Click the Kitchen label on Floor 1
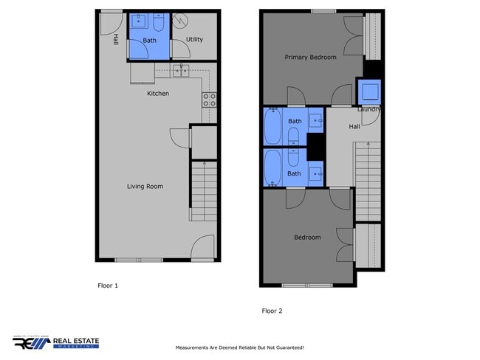tap(158, 94)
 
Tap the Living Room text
tap(144, 187)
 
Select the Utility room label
tap(194, 40)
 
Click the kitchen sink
tap(182, 70)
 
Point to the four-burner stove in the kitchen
tap(210, 100)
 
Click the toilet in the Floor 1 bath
tap(159, 21)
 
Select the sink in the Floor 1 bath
tap(138, 21)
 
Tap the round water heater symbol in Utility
tap(181, 21)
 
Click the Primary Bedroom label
tap(311, 58)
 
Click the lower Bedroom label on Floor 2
tap(307, 238)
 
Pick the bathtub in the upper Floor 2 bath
tap(274, 127)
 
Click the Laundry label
tap(368, 109)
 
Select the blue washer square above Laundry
tap(368, 91)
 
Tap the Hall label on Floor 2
tap(354, 127)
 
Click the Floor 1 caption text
tap(108, 285)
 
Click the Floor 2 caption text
tap(272, 311)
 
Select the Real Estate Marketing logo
tap(55, 342)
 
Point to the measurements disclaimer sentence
tap(239, 347)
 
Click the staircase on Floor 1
tap(203, 195)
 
